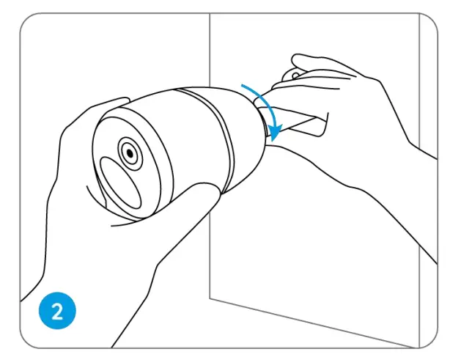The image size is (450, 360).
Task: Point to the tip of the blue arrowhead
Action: [x=274, y=139]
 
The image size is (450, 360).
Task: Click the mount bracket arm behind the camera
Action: [x=300, y=122]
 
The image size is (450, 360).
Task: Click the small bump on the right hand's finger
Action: [x=294, y=73]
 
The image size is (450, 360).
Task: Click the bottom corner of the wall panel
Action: [x=210, y=297]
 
